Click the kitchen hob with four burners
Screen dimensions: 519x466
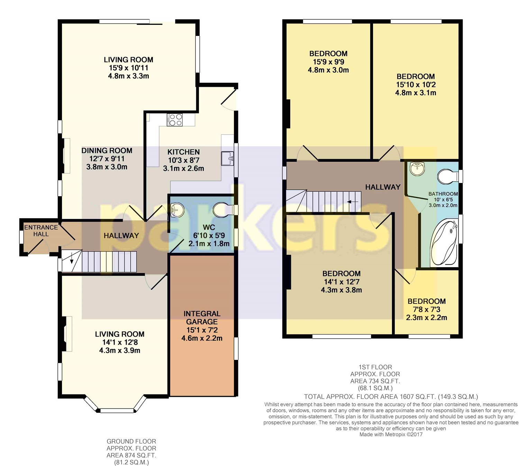pyautogui.click(x=174, y=120)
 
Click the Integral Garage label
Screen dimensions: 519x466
pyautogui.click(x=202, y=318)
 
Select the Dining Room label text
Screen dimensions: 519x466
pyautogui.click(x=107, y=150)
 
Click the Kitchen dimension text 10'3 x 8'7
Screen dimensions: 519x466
pyautogui.click(x=183, y=160)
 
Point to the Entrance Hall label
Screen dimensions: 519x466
pyautogui.click(x=41, y=230)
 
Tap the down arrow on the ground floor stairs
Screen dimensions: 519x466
pyautogui.click(x=72, y=260)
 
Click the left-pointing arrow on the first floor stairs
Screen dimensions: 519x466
pyautogui.click(x=353, y=202)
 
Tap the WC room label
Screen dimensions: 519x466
pyautogui.click(x=209, y=227)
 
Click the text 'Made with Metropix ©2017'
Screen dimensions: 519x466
pyautogui.click(x=391, y=434)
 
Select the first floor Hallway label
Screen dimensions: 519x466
pyautogui.click(x=383, y=187)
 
